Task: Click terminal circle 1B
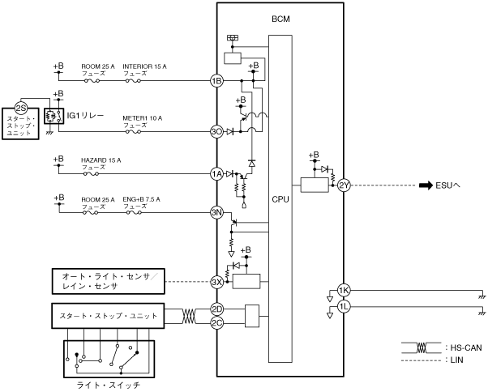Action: pos(216,81)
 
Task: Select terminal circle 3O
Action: pos(216,132)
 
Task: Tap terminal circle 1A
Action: pos(216,174)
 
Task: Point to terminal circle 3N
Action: pos(216,213)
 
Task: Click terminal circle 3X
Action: pos(216,282)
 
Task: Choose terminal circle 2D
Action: pos(216,309)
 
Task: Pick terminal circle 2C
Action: pos(216,323)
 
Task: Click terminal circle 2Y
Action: pos(344,185)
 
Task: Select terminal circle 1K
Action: pos(344,291)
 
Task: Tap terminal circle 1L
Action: pos(344,307)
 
